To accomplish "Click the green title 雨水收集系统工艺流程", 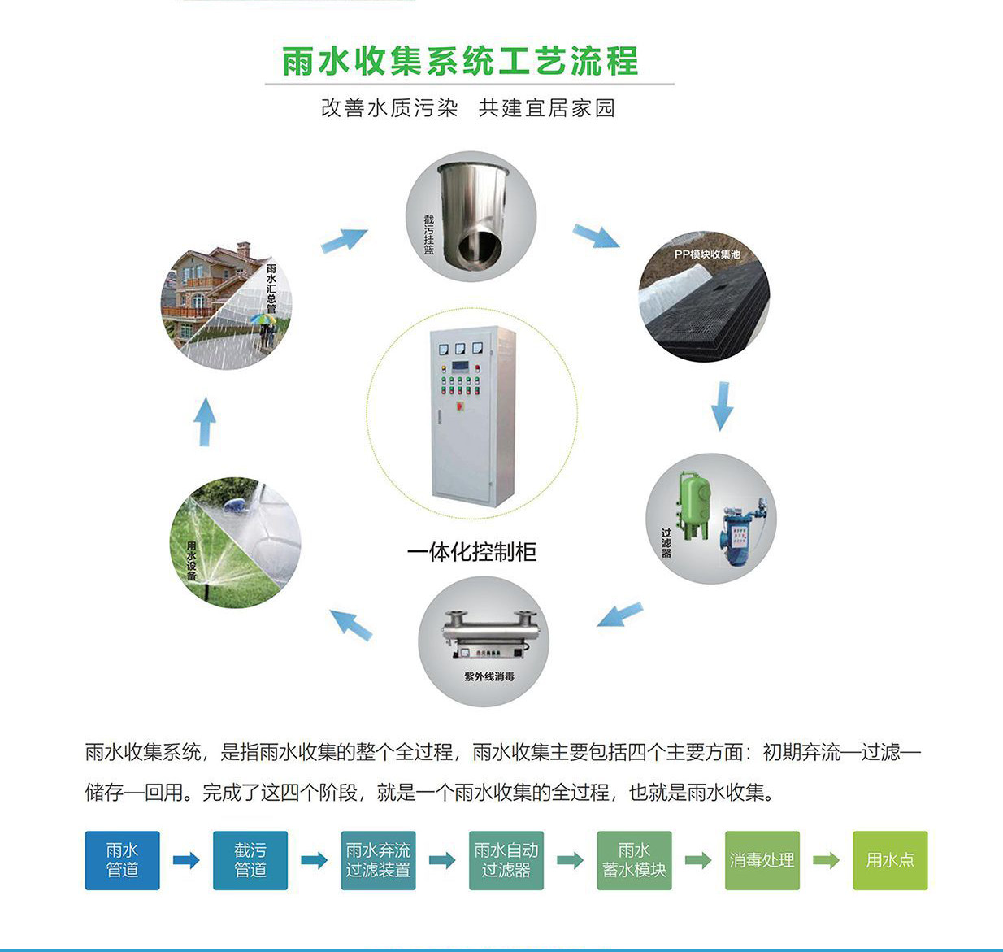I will (460, 61).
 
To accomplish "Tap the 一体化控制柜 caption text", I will (471, 552).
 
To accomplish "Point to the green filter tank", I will (694, 505).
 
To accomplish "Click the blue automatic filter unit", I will (738, 536).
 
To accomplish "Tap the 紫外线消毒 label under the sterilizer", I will (488, 676).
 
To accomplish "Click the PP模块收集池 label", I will (706, 254).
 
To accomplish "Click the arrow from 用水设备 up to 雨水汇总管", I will (205, 420).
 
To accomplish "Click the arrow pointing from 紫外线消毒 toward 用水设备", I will (352, 624).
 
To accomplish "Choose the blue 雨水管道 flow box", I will (122, 860).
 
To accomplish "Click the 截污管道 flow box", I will (250, 860).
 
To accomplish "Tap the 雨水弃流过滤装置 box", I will (378, 860).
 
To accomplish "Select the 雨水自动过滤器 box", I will (506, 860).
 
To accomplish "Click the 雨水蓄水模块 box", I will (634, 860).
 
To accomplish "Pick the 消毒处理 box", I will (762, 860).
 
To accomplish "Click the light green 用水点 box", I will (890, 860).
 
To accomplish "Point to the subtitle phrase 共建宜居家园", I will (546, 108).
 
